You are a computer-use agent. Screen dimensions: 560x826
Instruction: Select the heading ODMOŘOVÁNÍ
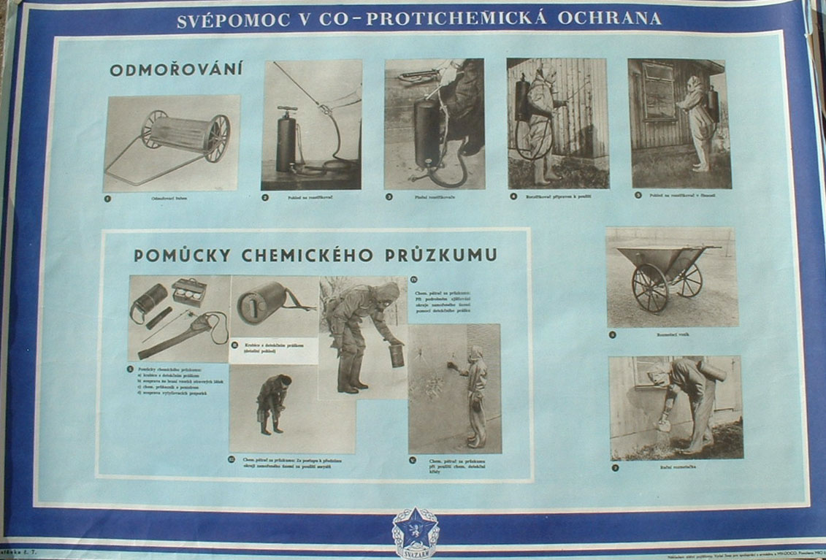click(x=176, y=70)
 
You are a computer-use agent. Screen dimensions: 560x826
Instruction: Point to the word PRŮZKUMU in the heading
click(x=450, y=255)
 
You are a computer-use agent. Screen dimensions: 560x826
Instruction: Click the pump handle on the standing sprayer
click(x=287, y=110)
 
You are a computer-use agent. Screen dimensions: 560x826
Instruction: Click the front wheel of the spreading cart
click(x=650, y=288)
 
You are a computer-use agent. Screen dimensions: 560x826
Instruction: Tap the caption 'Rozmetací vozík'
click(x=673, y=334)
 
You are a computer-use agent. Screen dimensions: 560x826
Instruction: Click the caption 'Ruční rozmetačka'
click(x=674, y=467)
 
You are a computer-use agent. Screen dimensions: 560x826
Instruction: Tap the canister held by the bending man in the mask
click(x=397, y=356)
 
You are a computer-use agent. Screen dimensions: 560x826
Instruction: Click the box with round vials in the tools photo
click(x=189, y=291)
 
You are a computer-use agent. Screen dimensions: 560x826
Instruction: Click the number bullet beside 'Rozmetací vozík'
click(x=612, y=334)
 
